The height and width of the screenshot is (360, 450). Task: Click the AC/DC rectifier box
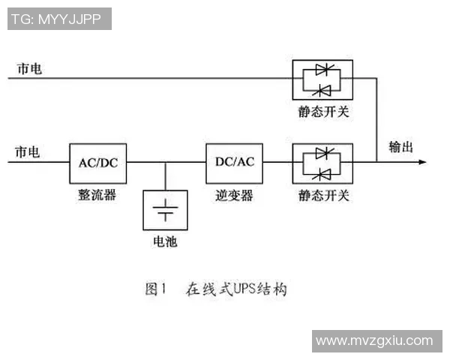(x=97, y=161)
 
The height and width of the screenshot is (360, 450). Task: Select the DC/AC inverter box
(x=234, y=161)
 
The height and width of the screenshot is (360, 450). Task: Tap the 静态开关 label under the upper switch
(x=323, y=112)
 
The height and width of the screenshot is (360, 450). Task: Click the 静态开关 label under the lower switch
(x=323, y=196)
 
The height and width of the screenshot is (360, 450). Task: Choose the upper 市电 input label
(x=31, y=68)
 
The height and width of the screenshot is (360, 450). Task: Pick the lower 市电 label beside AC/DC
(x=28, y=153)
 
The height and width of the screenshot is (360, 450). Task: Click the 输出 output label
(x=400, y=147)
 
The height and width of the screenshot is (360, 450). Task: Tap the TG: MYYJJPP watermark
(x=59, y=19)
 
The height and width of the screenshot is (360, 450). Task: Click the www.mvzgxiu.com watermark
(x=374, y=340)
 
